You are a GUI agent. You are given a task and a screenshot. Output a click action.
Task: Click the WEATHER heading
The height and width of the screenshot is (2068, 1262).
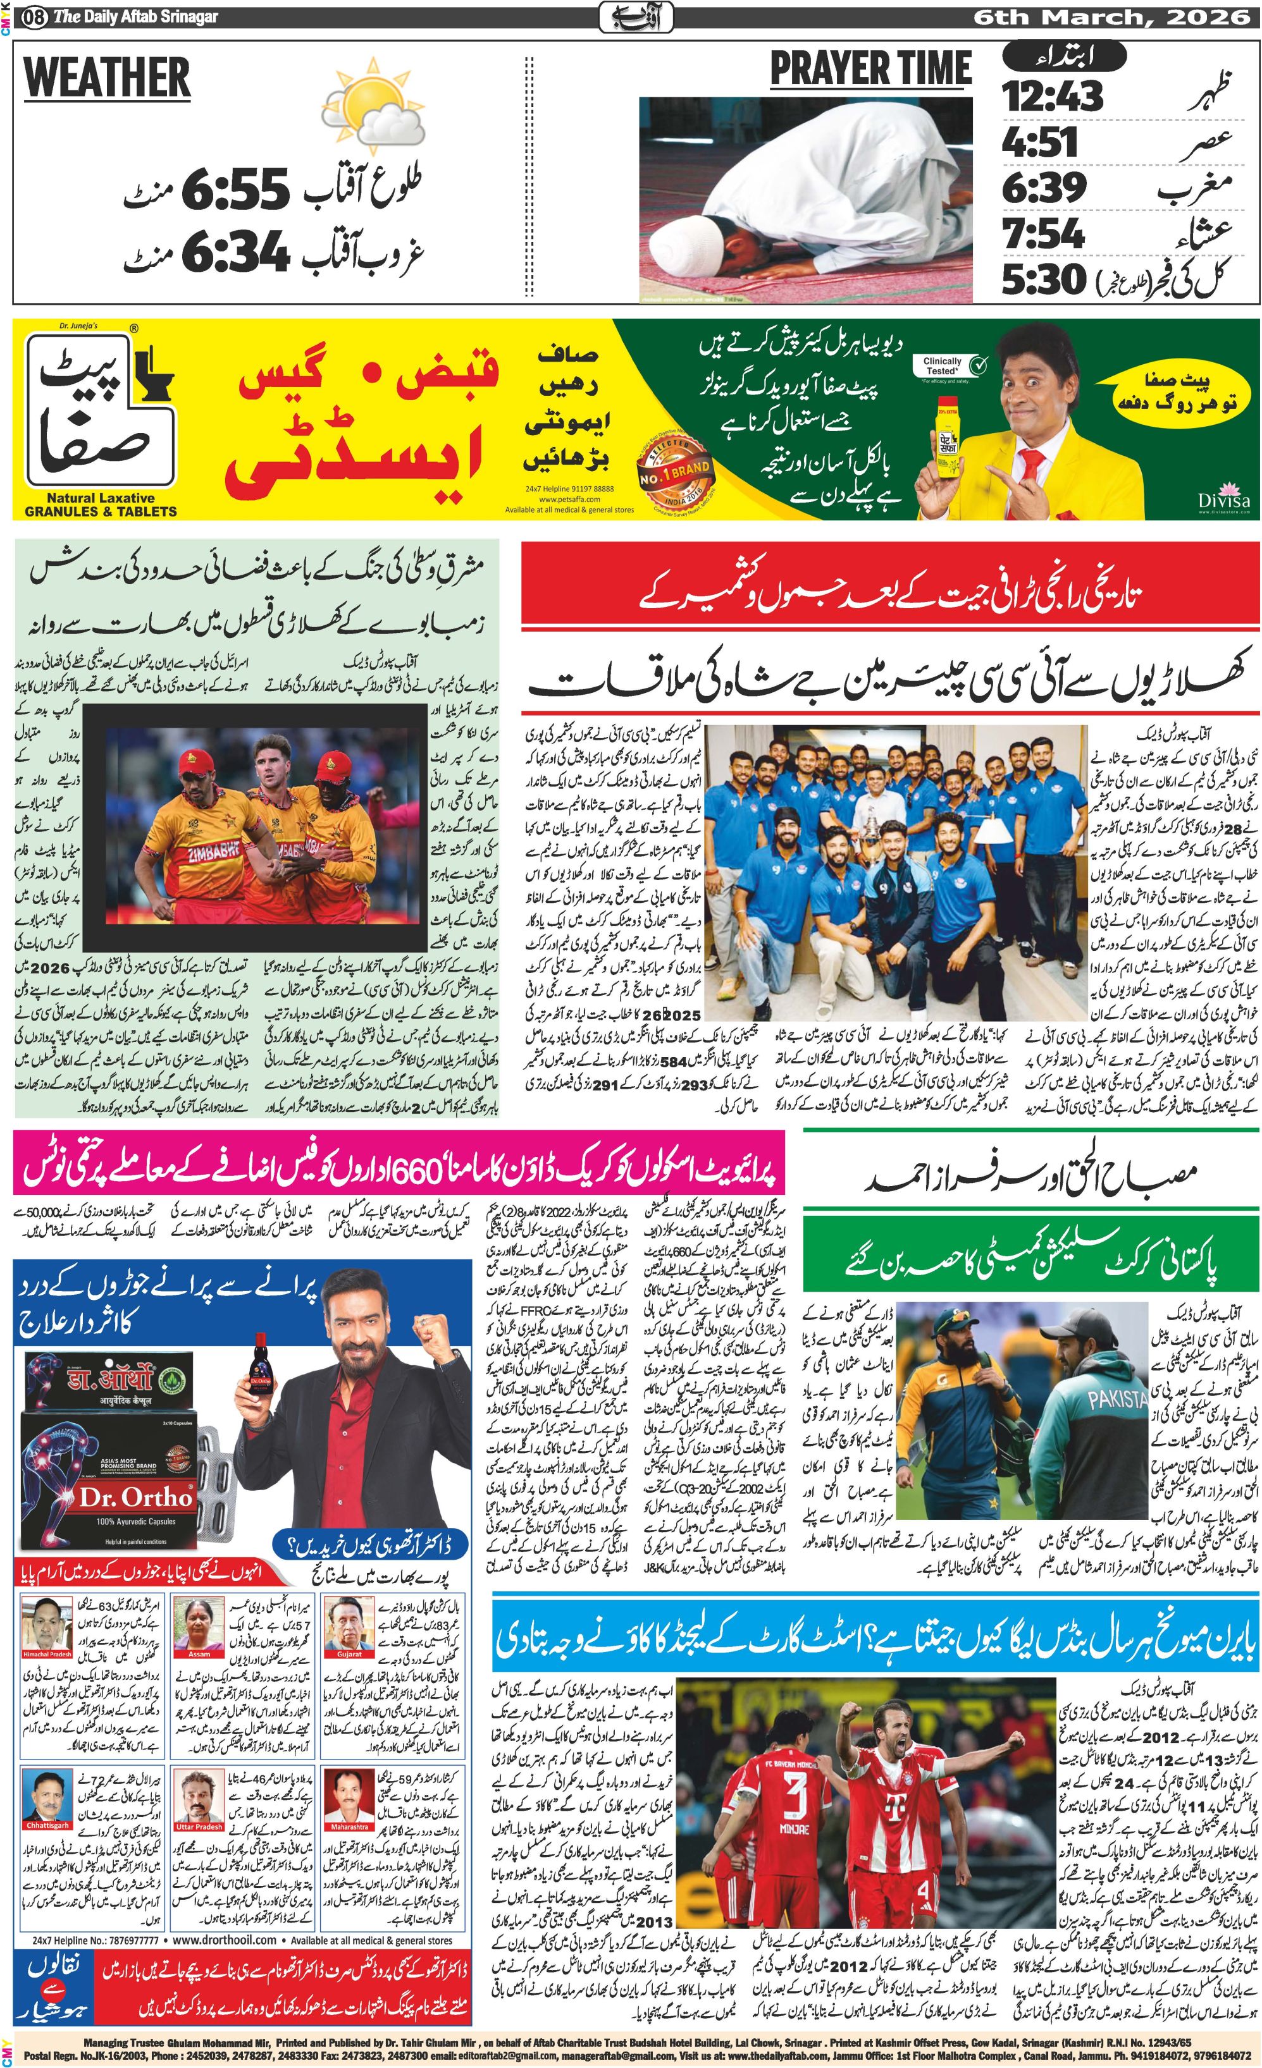point(108,77)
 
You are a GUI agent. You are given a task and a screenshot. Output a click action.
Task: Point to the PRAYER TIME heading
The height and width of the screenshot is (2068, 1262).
point(870,69)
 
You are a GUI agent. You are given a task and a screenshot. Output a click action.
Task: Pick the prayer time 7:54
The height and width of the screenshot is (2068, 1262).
point(1044,233)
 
